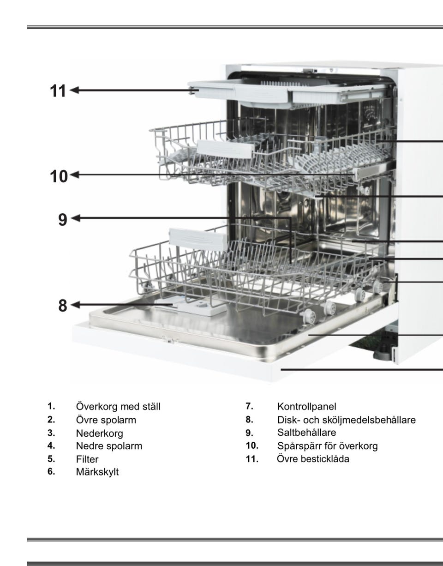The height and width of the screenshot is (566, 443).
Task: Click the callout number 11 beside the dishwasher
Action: pyautogui.click(x=58, y=91)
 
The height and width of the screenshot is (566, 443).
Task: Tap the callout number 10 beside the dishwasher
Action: pyautogui.click(x=59, y=176)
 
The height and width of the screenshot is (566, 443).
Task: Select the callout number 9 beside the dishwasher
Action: pyautogui.click(x=62, y=219)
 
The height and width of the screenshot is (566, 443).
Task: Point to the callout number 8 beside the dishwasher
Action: pyautogui.click(x=62, y=306)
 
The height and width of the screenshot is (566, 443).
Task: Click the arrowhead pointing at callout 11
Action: pyautogui.click(x=74, y=90)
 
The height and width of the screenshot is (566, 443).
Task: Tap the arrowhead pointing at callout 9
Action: pyautogui.click(x=75, y=218)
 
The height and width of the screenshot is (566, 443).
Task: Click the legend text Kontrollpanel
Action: pyautogui.click(x=306, y=406)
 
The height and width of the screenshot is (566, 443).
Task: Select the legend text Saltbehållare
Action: pyautogui.click(x=306, y=433)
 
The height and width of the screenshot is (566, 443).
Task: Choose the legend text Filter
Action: pyautogui.click(x=87, y=459)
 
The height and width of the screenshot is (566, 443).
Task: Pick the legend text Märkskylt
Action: pyautogui.click(x=97, y=472)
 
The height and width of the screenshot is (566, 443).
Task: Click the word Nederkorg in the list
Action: pyautogui.click(x=99, y=434)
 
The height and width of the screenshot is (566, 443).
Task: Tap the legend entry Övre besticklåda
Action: pyautogui.click(x=313, y=459)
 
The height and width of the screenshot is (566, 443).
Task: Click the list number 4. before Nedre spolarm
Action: pyautogui.click(x=51, y=446)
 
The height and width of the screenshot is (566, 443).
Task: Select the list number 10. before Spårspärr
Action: pyautogui.click(x=252, y=446)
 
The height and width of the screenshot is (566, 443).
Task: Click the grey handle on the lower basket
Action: pyautogui.click(x=198, y=240)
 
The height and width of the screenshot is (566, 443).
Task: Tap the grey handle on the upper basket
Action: pyautogui.click(x=225, y=149)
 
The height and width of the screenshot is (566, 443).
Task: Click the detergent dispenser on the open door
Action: pyautogui.click(x=191, y=307)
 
